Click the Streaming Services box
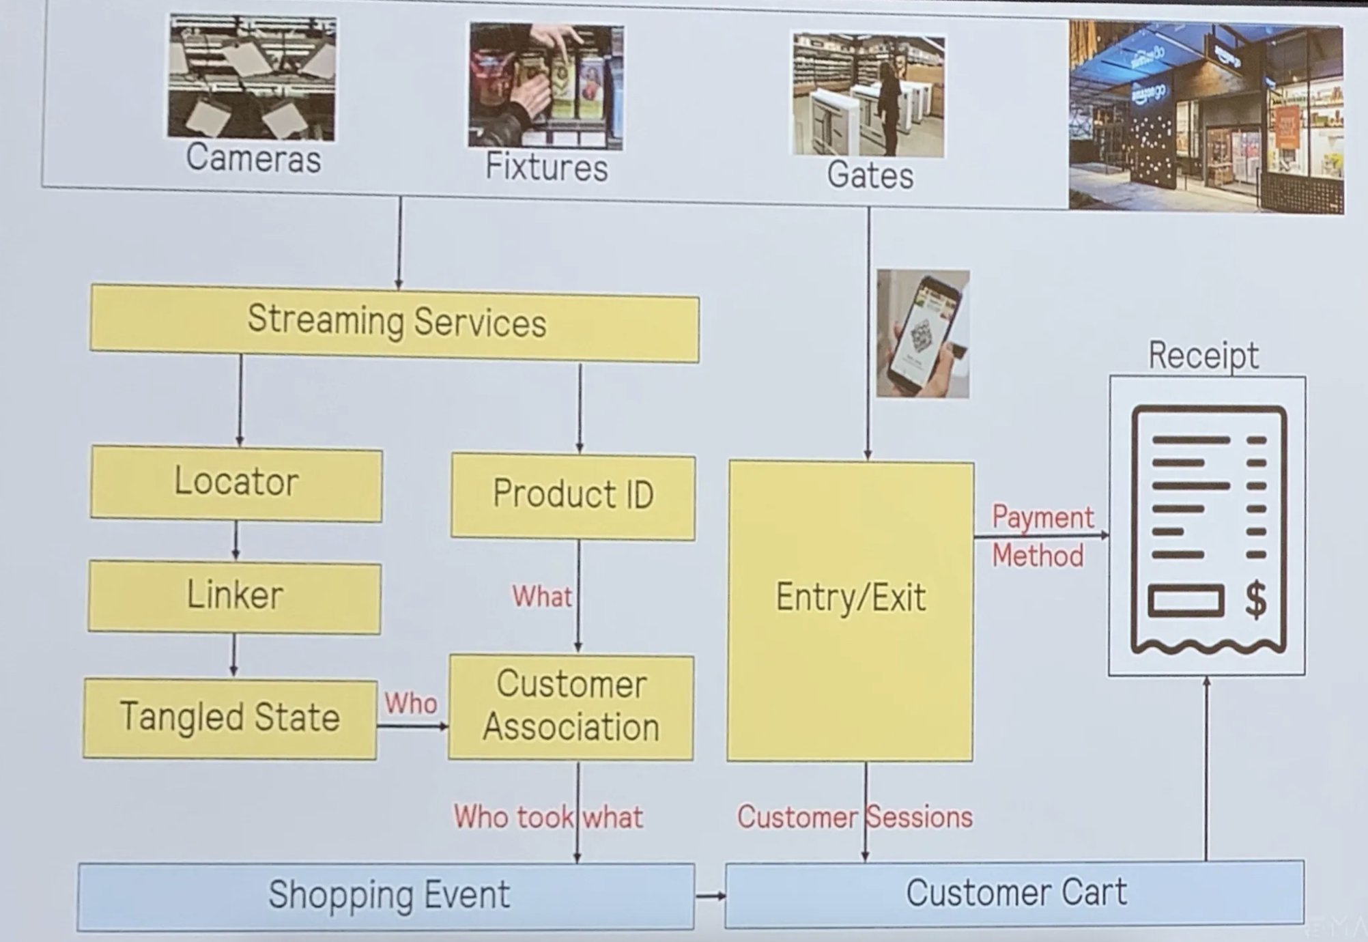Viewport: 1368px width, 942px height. tap(395, 323)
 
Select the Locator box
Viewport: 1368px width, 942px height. tap(236, 483)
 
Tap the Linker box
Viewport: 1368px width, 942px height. tap(235, 596)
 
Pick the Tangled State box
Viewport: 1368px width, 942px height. tap(230, 717)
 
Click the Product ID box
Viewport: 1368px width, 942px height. tap(573, 496)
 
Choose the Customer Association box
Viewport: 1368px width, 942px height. tap(571, 706)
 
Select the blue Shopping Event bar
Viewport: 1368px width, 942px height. tap(387, 896)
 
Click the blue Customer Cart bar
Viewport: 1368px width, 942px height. tap(1015, 894)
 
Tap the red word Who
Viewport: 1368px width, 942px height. tap(410, 703)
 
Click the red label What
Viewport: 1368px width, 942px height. tap(542, 597)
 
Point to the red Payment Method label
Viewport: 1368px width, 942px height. tap(1040, 537)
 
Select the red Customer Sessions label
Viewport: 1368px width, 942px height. tap(855, 817)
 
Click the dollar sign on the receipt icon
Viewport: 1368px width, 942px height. tap(1255, 600)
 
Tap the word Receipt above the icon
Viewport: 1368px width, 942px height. tap(1203, 356)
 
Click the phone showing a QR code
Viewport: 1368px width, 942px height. tap(923, 334)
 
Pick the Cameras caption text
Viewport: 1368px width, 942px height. tap(253, 159)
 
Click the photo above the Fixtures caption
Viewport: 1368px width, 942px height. tap(545, 85)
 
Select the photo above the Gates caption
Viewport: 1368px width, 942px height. tap(868, 95)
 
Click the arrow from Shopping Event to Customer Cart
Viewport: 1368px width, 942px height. tap(711, 896)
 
